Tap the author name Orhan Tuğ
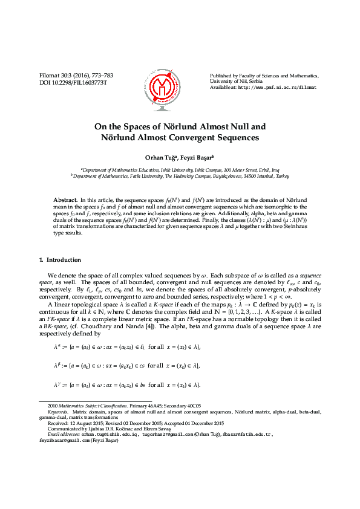(x=158, y=157)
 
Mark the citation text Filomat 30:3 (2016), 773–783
(x=76, y=76)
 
